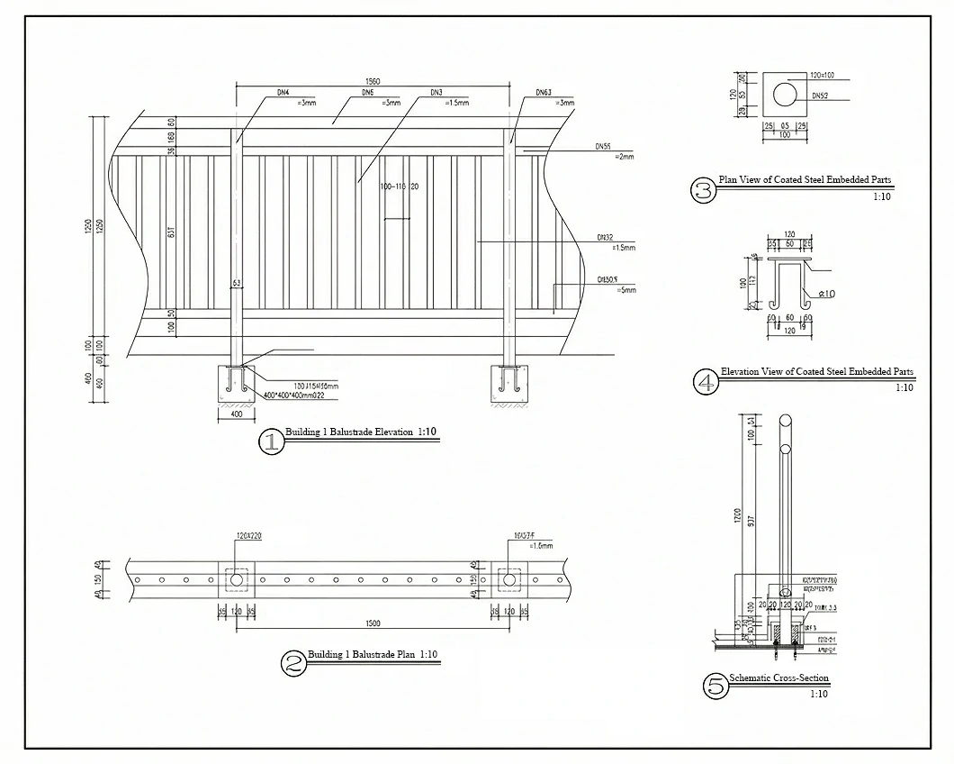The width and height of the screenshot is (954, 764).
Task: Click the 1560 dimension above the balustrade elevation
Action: (373, 81)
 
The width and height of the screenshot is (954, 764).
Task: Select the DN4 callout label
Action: (282, 93)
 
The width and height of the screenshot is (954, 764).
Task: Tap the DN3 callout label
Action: (436, 93)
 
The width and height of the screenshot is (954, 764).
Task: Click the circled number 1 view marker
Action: (270, 441)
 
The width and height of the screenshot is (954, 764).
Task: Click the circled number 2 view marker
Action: (293, 664)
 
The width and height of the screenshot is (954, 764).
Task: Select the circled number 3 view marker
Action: (703, 190)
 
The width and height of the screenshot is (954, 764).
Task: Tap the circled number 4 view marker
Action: (706, 382)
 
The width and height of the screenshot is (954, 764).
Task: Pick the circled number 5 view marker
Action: (715, 687)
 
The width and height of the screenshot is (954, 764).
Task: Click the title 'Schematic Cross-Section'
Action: (778, 678)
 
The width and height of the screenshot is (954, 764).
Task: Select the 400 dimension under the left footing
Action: (236, 415)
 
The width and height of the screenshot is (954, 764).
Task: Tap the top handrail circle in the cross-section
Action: (785, 421)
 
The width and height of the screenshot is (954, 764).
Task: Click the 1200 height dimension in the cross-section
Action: (736, 516)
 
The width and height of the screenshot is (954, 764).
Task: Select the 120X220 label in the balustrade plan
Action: (247, 537)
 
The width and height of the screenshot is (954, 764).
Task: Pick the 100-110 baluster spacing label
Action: (392, 186)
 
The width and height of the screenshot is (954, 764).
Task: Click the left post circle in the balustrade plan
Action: (237, 580)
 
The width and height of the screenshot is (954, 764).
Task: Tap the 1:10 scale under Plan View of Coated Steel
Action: (881, 196)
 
